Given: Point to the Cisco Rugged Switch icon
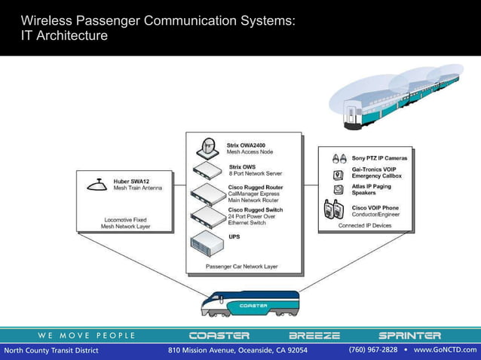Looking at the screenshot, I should [x=208, y=216].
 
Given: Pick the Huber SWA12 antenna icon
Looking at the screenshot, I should [x=97, y=183].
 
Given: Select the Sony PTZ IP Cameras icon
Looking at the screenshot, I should [x=339, y=159].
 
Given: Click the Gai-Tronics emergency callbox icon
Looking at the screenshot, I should [x=339, y=174].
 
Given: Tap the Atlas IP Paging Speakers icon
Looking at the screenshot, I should [x=339, y=189].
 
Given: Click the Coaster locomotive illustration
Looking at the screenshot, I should [x=249, y=304].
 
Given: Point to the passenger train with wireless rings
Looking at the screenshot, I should [x=400, y=94].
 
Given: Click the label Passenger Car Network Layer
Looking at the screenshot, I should [x=241, y=267].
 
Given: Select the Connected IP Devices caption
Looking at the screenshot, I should [x=365, y=225].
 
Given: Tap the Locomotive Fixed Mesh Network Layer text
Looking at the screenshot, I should [x=126, y=222].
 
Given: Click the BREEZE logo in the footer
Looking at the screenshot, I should [x=314, y=335].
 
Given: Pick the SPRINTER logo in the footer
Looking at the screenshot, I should [x=409, y=335].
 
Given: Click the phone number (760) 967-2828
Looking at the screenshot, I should [x=372, y=350].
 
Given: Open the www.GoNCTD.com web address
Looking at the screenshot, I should [x=445, y=350].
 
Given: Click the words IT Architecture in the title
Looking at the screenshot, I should [x=64, y=35].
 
